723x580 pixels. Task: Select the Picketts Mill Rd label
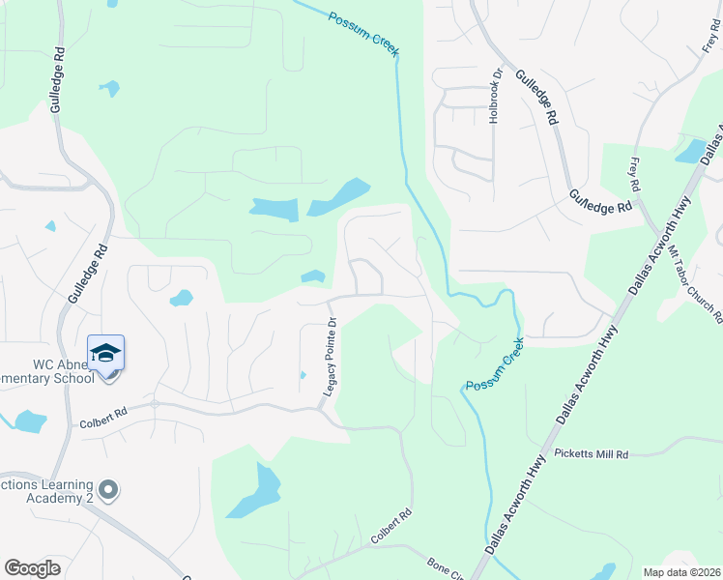(592, 453)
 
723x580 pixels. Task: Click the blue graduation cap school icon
(105, 353)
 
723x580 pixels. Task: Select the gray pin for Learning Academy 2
(108, 490)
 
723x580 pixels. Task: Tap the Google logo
(32, 568)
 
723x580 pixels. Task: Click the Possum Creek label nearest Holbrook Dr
(363, 34)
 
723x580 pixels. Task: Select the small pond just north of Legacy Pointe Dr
(313, 276)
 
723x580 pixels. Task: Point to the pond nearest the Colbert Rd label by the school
(31, 421)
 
